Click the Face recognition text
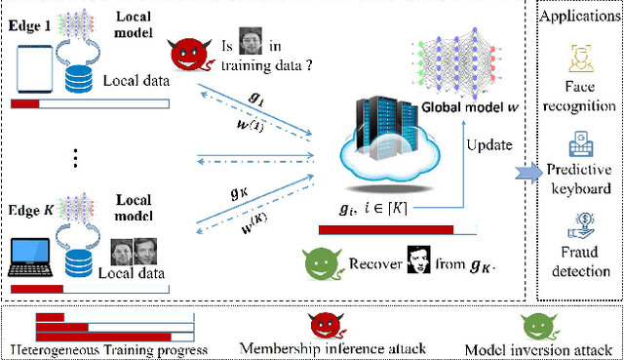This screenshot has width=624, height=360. click(581, 93)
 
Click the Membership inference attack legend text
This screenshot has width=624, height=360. click(322, 349)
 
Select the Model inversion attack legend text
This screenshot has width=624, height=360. click(536, 349)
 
